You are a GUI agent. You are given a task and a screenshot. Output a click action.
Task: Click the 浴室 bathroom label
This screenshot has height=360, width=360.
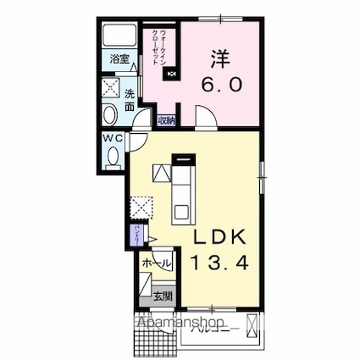pyautogui.click(x=119, y=59)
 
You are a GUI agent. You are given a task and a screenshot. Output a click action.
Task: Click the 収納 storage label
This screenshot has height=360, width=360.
pyautogui.click(x=165, y=121)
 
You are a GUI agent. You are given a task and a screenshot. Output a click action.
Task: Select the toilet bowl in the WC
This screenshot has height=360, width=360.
pyautogui.click(x=114, y=155)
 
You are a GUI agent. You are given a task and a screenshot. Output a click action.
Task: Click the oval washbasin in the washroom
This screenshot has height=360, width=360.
pyautogui.click(x=111, y=115)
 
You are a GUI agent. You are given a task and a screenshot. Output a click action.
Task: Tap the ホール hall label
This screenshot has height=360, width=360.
pyautogui.click(x=157, y=263)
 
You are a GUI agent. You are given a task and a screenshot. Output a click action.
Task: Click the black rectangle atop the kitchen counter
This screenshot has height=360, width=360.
pyautogui.click(x=183, y=158)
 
